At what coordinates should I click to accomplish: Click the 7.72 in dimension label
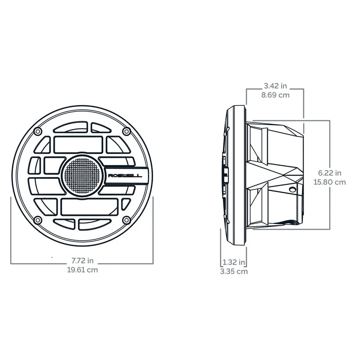pyautogui.click(x=82, y=261)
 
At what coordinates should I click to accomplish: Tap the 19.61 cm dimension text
pyautogui.click(x=82, y=270)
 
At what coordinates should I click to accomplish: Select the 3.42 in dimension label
pyautogui.click(x=275, y=86)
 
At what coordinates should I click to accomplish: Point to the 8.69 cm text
pyautogui.click(x=275, y=95)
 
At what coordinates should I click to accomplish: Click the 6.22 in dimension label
pyautogui.click(x=330, y=173)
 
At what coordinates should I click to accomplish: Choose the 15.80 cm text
pyautogui.click(x=330, y=182)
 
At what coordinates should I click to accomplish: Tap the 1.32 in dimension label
pyautogui.click(x=234, y=262)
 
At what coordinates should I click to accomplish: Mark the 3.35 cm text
pyautogui.click(x=234, y=271)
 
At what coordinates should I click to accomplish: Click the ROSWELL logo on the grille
pyautogui.click(x=125, y=176)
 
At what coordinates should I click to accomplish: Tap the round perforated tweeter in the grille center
pyautogui.click(x=82, y=176)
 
